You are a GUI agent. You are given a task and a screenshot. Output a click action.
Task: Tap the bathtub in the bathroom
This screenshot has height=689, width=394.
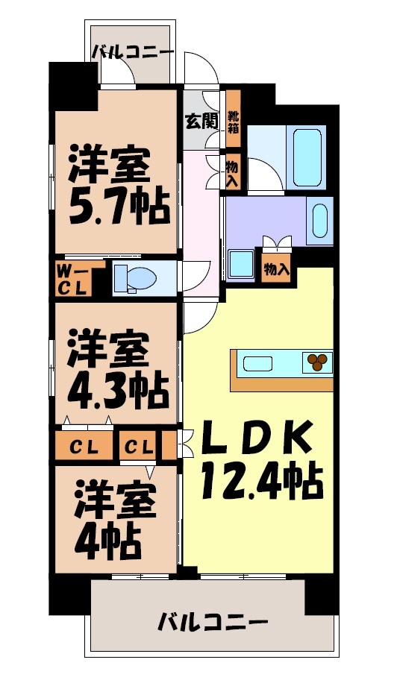[307, 157]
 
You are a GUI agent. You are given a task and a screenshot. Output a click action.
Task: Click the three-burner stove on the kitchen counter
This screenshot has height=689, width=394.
[317, 362]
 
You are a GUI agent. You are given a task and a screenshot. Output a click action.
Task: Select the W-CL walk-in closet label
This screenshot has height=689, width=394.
[72, 278]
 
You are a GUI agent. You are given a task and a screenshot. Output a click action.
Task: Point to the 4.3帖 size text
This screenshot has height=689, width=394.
[117, 388]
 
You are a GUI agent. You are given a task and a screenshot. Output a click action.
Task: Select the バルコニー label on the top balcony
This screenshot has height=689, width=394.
[133, 53]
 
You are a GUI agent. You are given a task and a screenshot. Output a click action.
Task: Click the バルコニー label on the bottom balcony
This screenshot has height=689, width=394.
[213, 621]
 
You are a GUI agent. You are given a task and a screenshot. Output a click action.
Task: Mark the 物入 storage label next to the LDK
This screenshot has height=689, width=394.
[277, 269]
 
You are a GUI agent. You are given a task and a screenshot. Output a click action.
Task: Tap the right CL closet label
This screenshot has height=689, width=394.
[140, 447]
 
